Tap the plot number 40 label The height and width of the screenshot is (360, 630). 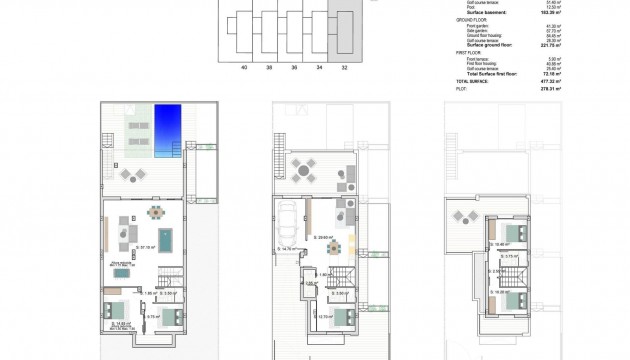coord(244,68)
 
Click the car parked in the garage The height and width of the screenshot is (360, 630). coord(287,221)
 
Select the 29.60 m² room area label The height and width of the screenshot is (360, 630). coord(324,237)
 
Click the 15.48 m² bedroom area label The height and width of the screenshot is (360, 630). coord(503,243)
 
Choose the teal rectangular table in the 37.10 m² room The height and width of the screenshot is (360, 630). coord(164,240)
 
